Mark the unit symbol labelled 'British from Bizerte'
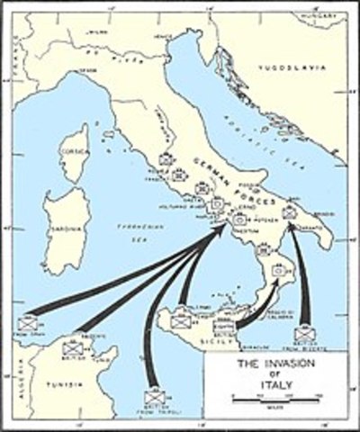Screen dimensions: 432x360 304,335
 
